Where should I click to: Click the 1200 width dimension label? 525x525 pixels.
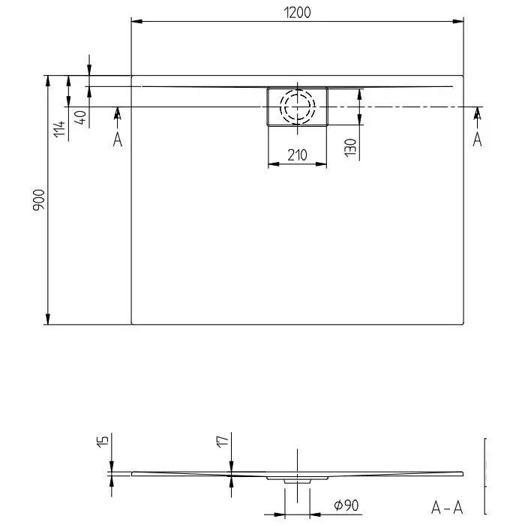coord(297,13)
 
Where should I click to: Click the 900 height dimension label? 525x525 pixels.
coord(39,200)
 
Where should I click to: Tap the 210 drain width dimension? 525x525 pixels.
coord(297,155)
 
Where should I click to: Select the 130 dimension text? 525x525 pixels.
coord(350,148)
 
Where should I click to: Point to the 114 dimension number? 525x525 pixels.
coord(59,129)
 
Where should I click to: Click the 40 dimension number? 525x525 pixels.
coord(80,118)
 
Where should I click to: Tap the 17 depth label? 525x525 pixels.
coord(223,441)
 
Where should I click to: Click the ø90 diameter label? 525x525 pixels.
coord(346,505)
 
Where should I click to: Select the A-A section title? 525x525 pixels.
coord(447,508)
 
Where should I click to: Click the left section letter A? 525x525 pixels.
coord(118,139)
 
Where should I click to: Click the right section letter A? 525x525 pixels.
coord(477,139)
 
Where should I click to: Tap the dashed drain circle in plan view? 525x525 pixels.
coord(297,106)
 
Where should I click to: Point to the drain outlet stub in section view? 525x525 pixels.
coord(297,481)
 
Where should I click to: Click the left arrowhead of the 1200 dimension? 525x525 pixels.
coord(137,22)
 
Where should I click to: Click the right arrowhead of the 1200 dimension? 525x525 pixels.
coord(458,22)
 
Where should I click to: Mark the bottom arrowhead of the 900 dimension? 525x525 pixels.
coord(48,319)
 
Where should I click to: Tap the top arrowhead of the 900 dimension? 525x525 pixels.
coord(48,81)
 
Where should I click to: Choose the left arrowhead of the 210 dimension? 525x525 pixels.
coord(274,164)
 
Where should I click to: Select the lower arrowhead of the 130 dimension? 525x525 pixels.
coord(359,119)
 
